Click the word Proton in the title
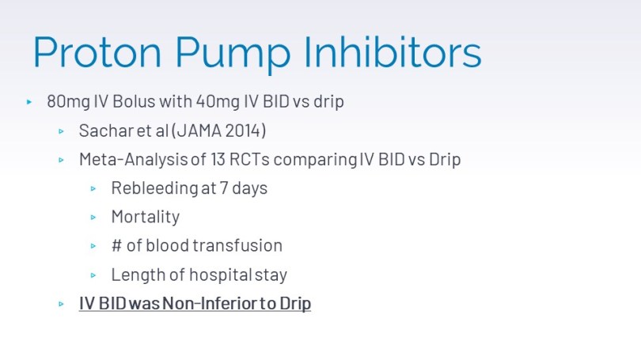(97, 52)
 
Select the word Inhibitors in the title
(393, 52)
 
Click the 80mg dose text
(68, 102)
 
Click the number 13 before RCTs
(218, 159)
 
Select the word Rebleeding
(154, 189)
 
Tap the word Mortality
(146, 218)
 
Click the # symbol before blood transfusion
(116, 245)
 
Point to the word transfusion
(237, 245)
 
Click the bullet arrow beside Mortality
(93, 218)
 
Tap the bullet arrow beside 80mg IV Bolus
(29, 102)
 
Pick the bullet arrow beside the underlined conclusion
(61, 304)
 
